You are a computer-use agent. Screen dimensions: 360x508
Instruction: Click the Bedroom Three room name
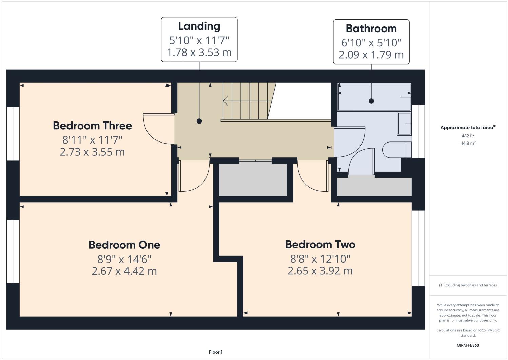pyautogui.click(x=92, y=126)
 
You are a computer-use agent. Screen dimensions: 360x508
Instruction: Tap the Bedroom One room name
pyautogui.click(x=124, y=245)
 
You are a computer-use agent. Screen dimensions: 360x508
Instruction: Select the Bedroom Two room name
pyautogui.click(x=320, y=244)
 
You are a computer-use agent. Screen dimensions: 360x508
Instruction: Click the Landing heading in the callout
pyautogui.click(x=199, y=26)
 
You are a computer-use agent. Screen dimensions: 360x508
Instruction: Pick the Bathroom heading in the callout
pyautogui.click(x=371, y=29)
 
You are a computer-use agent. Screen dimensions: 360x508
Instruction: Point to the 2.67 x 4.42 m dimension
pyautogui.click(x=124, y=271)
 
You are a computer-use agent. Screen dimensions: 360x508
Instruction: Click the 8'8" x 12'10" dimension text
pyautogui.click(x=320, y=259)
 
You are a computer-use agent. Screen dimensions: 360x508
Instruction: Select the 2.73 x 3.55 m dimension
pyautogui.click(x=92, y=152)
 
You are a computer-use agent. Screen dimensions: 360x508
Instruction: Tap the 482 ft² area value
pyautogui.click(x=468, y=136)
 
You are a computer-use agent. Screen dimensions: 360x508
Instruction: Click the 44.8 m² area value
pyautogui.click(x=468, y=143)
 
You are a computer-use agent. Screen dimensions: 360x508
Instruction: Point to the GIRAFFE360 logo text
pyautogui.click(x=468, y=345)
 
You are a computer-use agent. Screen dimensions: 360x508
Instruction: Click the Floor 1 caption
pyautogui.click(x=216, y=352)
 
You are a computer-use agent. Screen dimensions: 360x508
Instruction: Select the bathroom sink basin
pyautogui.click(x=404, y=124)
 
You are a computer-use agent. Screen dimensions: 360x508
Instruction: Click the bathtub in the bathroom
pyautogui.click(x=374, y=97)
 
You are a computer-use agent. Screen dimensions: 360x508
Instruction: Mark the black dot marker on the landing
pyautogui.click(x=199, y=121)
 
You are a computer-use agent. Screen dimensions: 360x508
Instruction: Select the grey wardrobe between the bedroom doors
pyautogui.click(x=253, y=180)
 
